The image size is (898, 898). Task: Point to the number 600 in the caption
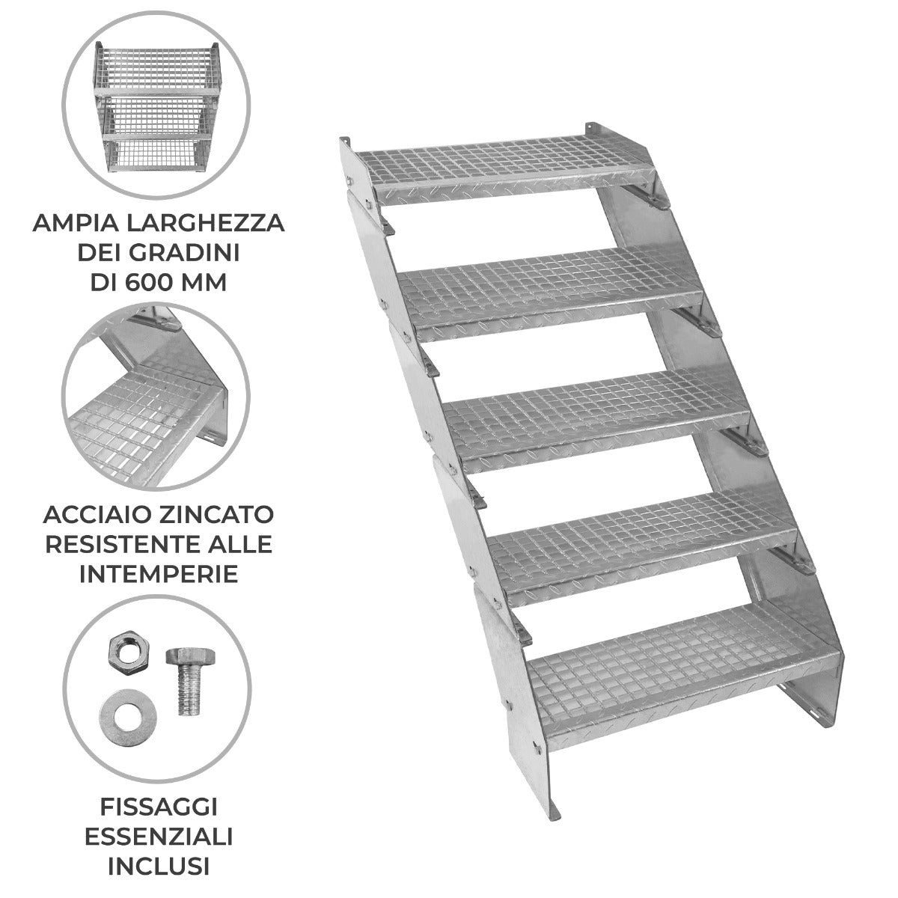point(183,283)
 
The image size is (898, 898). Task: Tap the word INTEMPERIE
point(158,574)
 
